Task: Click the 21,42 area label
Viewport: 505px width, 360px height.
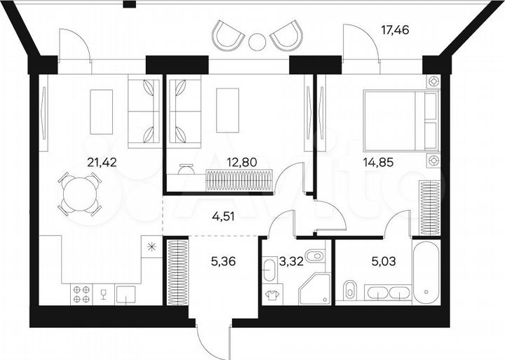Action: (x=100, y=163)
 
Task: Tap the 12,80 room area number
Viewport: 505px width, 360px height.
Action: (x=242, y=163)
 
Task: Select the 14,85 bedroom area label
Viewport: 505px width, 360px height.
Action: (x=377, y=163)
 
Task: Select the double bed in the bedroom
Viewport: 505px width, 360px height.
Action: (x=400, y=121)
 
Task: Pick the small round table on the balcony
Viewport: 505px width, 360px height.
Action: (x=257, y=41)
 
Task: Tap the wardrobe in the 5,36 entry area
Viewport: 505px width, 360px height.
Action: (x=177, y=272)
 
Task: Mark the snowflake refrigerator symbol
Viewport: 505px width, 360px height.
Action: (x=150, y=246)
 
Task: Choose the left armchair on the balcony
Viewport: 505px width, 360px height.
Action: (x=229, y=35)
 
